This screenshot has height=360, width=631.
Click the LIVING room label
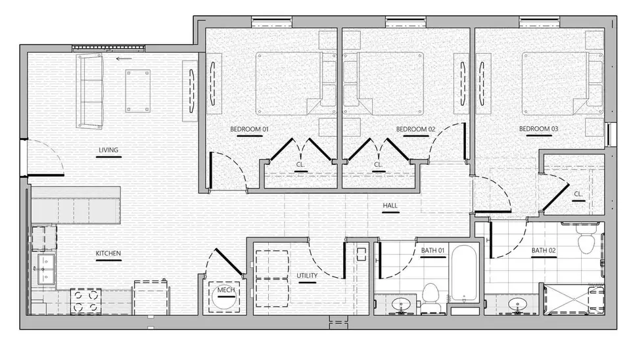pyautogui.click(x=108, y=150)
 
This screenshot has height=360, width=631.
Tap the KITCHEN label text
pyautogui.click(x=108, y=254)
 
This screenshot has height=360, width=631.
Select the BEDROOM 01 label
pyautogui.click(x=249, y=129)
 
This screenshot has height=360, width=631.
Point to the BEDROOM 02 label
pyautogui.click(x=415, y=129)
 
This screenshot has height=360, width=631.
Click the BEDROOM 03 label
pyautogui.click(x=538, y=129)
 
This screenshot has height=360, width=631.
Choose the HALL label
pyautogui.click(x=390, y=206)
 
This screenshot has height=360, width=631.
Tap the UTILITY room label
pyautogui.click(x=307, y=275)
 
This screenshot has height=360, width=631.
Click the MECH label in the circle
pyautogui.click(x=225, y=290)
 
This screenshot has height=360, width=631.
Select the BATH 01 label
pyautogui.click(x=432, y=250)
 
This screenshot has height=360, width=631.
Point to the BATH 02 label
pyautogui.click(x=544, y=250)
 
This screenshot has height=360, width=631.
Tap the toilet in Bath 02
pyautogui.click(x=586, y=238)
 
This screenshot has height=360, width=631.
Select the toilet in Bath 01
pyautogui.click(x=431, y=298)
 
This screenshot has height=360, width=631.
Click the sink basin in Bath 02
pyautogui.click(x=517, y=304)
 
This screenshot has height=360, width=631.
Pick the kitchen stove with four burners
pyautogui.click(x=85, y=302)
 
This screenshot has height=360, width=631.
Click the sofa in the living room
pyautogui.click(x=89, y=91)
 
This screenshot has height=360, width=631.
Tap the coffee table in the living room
pyautogui.click(x=137, y=91)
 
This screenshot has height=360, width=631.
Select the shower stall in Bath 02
pyautogui.click(x=574, y=300)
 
